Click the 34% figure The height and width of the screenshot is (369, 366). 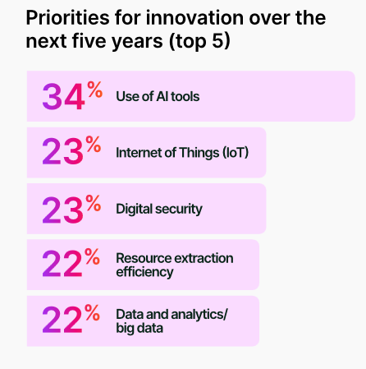pyautogui.click(x=72, y=96)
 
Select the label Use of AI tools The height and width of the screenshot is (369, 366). pyautogui.click(x=158, y=96)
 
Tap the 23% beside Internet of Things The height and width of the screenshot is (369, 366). pyautogui.click(x=71, y=150)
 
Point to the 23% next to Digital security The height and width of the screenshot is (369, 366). pyautogui.click(x=71, y=209)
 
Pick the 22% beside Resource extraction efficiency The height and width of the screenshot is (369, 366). pyautogui.click(x=71, y=263)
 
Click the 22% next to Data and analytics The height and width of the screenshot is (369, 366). pyautogui.click(x=71, y=319)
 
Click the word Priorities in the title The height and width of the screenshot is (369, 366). pyautogui.click(x=68, y=18)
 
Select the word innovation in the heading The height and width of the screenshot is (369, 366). pyautogui.click(x=194, y=18)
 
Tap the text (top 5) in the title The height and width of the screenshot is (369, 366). pyautogui.click(x=200, y=42)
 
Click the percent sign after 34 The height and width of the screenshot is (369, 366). pyautogui.click(x=95, y=90)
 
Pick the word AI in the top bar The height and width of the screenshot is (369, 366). pyautogui.click(x=162, y=96)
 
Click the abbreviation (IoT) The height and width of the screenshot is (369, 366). pyautogui.click(x=236, y=153)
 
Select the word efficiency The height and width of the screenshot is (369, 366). pyautogui.click(x=144, y=272)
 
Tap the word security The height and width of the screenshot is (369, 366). pyautogui.click(x=179, y=210)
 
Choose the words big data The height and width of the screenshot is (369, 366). pyautogui.click(x=140, y=328)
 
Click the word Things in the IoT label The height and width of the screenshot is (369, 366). pyautogui.click(x=199, y=153)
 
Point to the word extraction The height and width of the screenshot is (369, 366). pyautogui.click(x=204, y=258)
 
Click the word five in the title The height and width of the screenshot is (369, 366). pyautogui.click(x=90, y=41)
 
